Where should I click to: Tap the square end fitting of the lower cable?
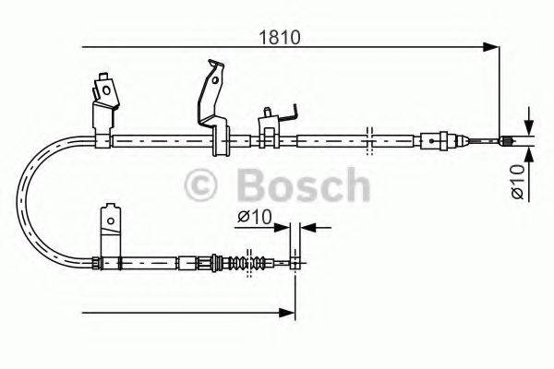point(295,263)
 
